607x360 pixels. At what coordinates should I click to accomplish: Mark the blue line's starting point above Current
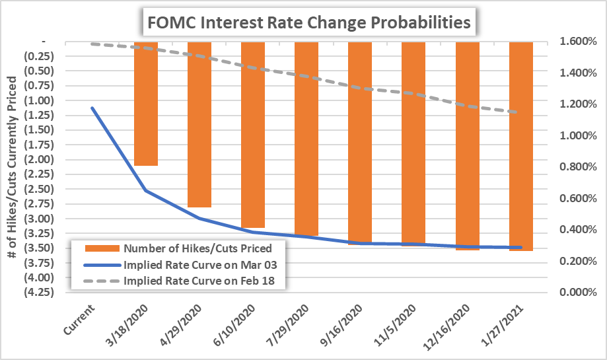click(x=92, y=108)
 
